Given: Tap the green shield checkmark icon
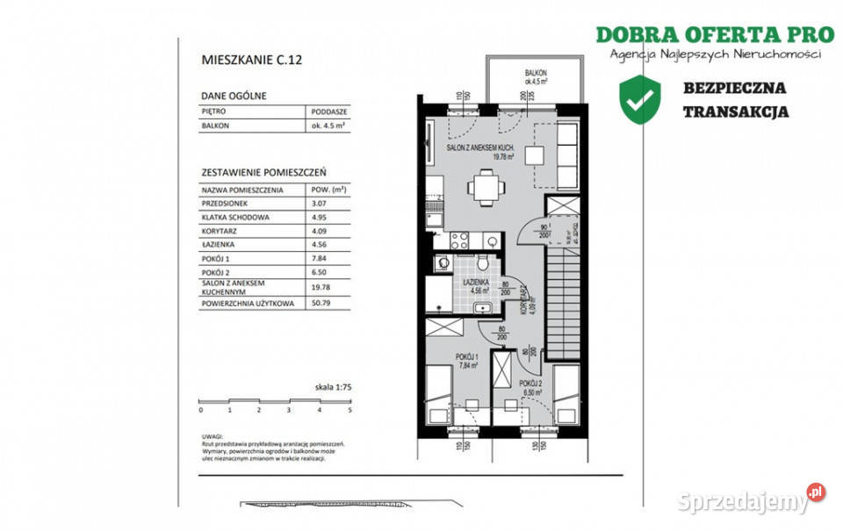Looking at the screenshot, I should (x=640, y=99).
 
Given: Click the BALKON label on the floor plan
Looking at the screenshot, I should (x=537, y=73).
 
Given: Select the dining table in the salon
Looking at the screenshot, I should (x=486, y=187).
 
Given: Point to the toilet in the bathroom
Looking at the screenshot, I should (x=484, y=262).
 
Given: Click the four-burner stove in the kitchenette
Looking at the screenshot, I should (x=460, y=239).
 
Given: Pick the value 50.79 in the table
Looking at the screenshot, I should (x=321, y=305).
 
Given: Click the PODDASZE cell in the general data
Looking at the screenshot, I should (x=329, y=112).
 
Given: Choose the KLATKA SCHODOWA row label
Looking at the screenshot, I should (x=235, y=216).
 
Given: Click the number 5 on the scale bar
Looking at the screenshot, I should (x=349, y=410).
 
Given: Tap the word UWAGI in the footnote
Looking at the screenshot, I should (x=213, y=436).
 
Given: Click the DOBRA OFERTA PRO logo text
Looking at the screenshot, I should (x=714, y=35).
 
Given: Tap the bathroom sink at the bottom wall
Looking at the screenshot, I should (x=483, y=306).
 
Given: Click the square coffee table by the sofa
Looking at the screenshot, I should (x=535, y=154).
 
